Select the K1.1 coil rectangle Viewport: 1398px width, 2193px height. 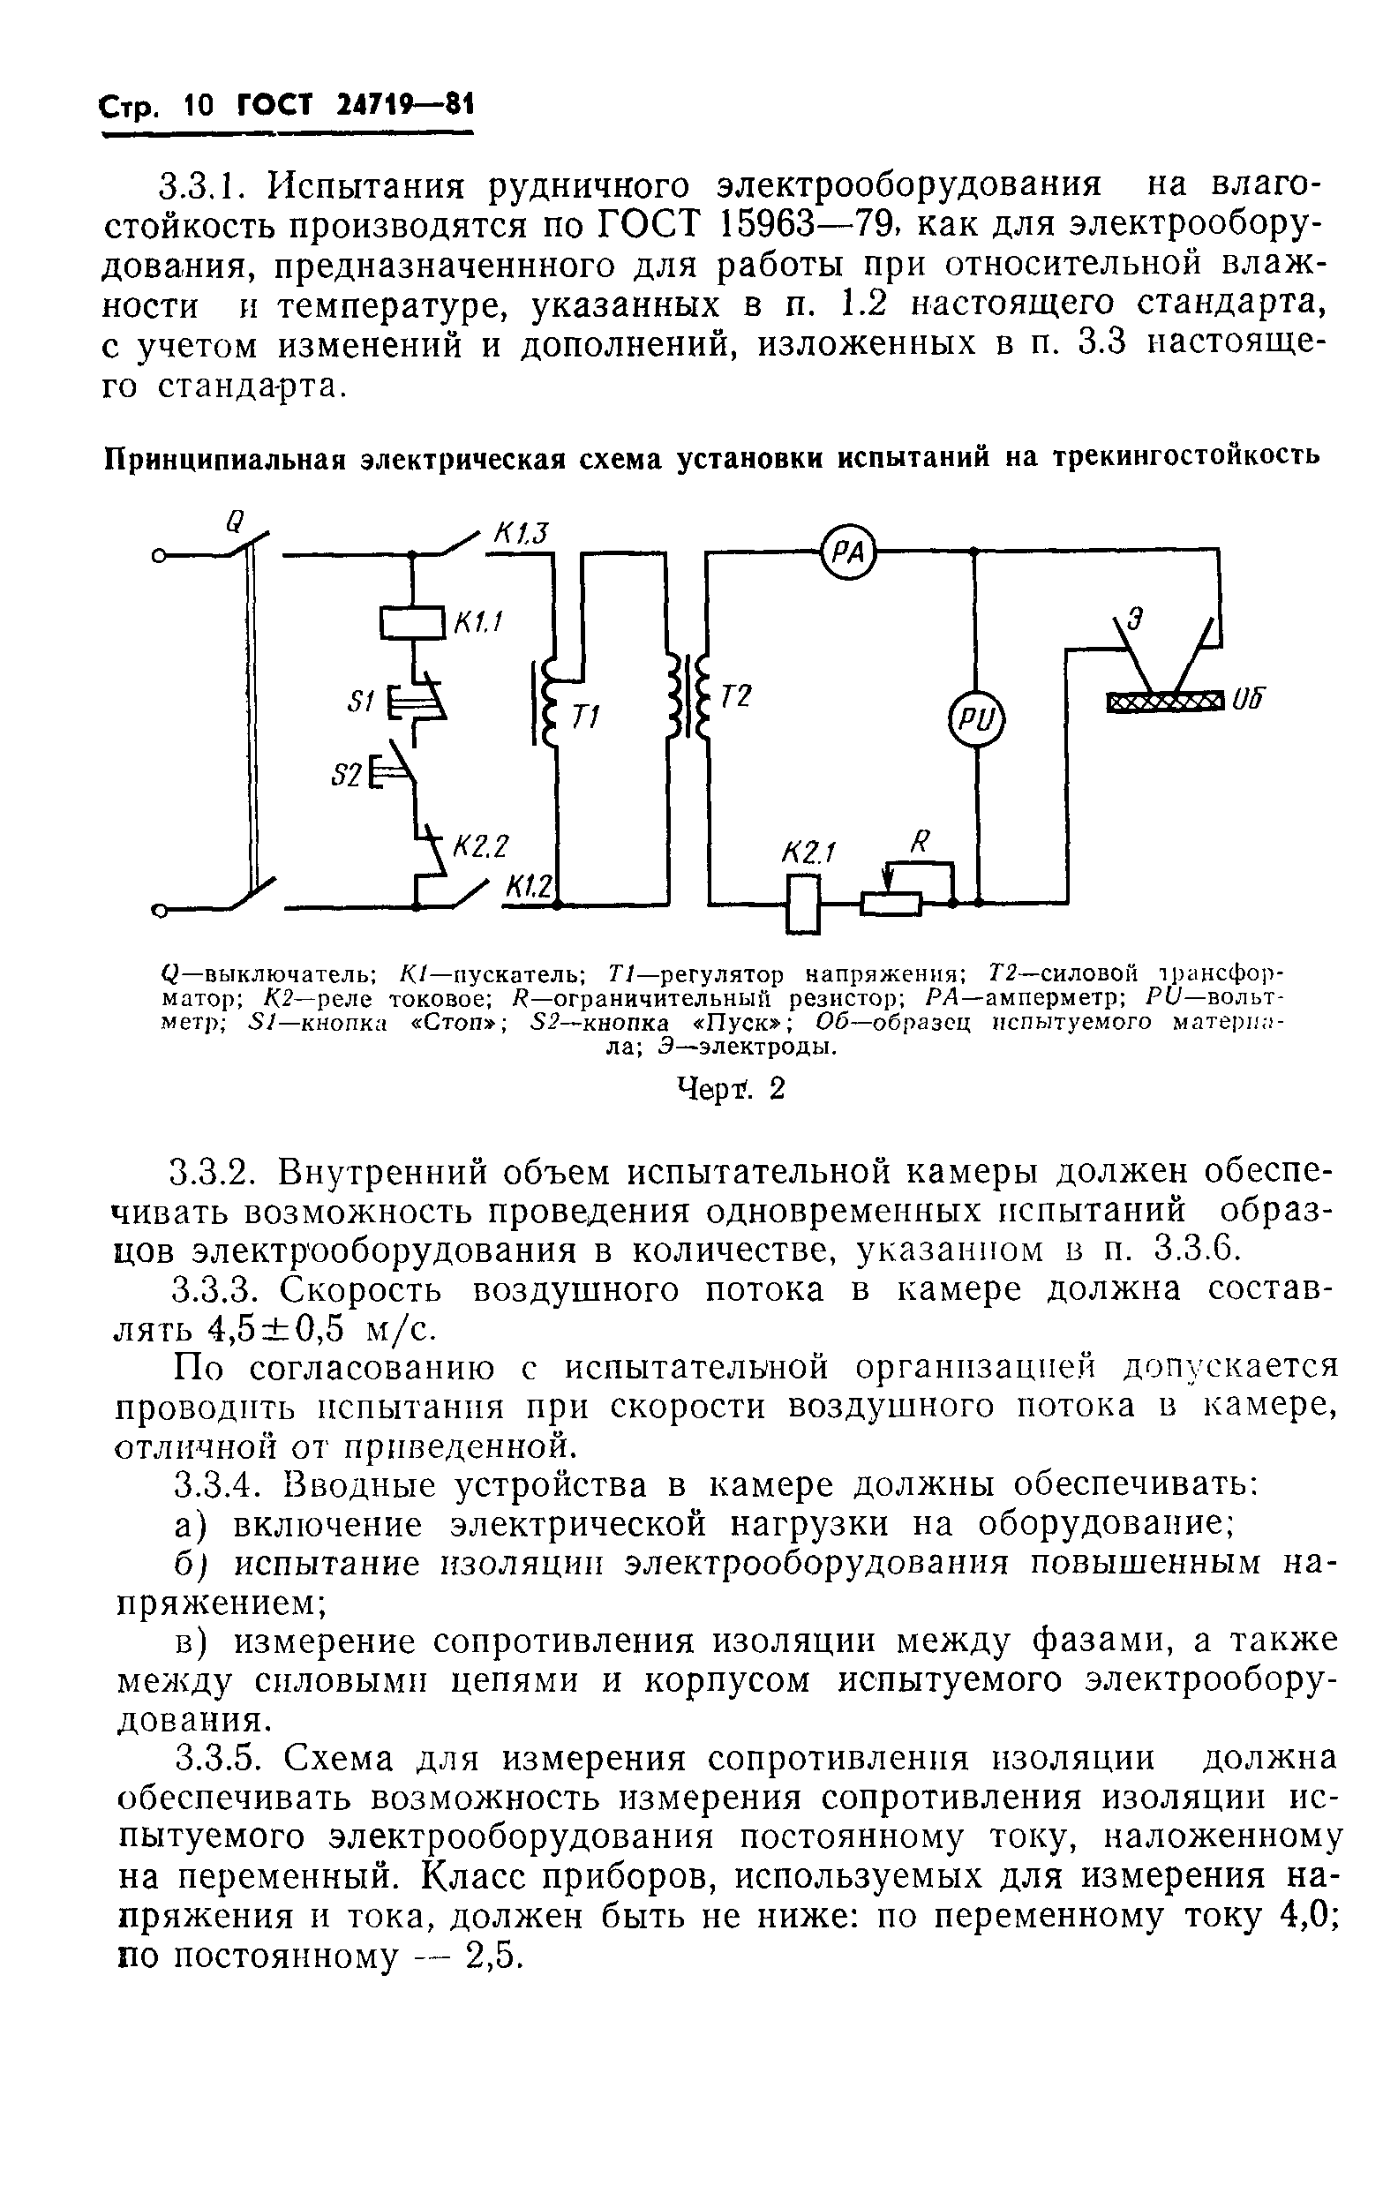pyautogui.click(x=412, y=623)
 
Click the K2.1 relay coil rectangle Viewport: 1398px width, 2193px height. pyautogui.click(x=802, y=903)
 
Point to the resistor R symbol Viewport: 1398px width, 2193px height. pyautogui.click(x=891, y=903)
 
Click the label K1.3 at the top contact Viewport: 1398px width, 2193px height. pyautogui.click(x=521, y=532)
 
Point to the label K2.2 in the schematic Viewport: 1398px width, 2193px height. pyautogui.click(x=479, y=847)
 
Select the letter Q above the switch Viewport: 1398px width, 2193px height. pyautogui.click(x=235, y=521)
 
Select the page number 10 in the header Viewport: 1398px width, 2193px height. pyautogui.click(x=198, y=108)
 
